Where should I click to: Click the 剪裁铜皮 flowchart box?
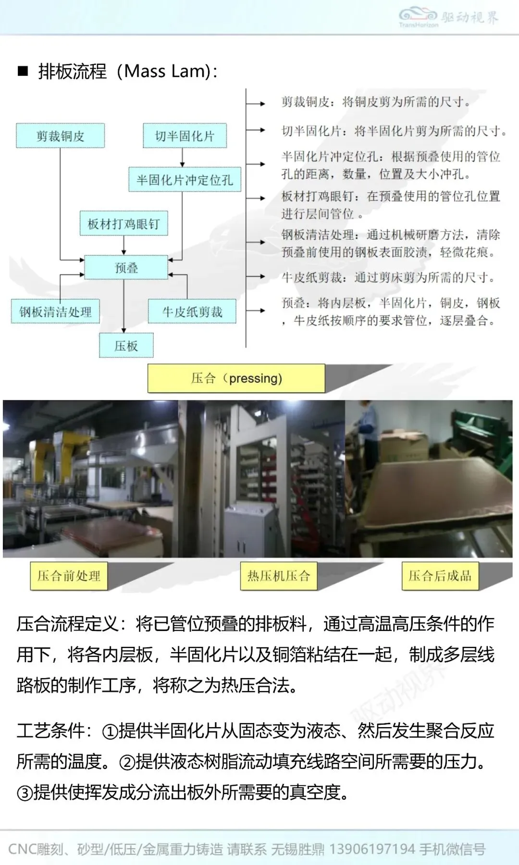click(x=60, y=136)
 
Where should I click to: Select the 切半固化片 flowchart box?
click(x=185, y=136)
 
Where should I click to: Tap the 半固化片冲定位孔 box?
click(x=185, y=180)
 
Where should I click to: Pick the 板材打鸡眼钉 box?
click(x=124, y=223)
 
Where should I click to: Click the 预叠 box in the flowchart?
click(x=126, y=268)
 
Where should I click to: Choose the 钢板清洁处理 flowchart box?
click(x=55, y=312)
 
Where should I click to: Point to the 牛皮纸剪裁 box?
click(x=192, y=312)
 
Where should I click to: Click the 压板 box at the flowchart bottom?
click(x=126, y=346)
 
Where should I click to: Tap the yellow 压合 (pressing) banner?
click(x=236, y=378)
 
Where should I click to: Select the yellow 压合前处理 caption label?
click(x=69, y=576)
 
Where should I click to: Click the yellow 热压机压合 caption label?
click(x=279, y=576)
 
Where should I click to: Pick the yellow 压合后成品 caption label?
click(x=440, y=576)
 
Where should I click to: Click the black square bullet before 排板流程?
click(x=23, y=72)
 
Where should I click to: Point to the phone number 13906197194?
click(x=372, y=849)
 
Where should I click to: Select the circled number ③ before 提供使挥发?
click(x=25, y=792)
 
